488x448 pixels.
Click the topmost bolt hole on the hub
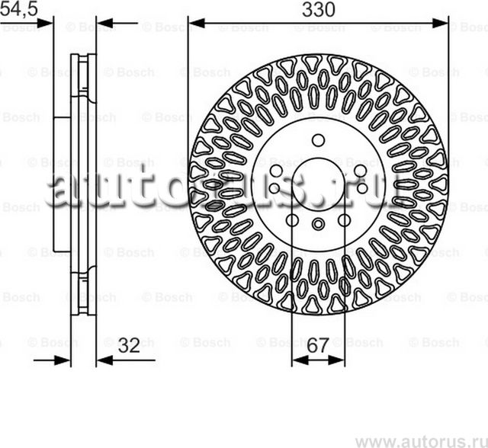point(318,139)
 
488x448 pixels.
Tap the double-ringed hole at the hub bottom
point(318,223)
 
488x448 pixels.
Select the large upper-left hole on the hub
point(277,169)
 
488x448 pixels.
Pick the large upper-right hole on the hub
point(359,169)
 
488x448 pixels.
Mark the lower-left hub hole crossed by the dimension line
point(292,220)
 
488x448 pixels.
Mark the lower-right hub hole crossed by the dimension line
point(344,220)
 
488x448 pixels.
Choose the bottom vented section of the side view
point(84,290)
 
